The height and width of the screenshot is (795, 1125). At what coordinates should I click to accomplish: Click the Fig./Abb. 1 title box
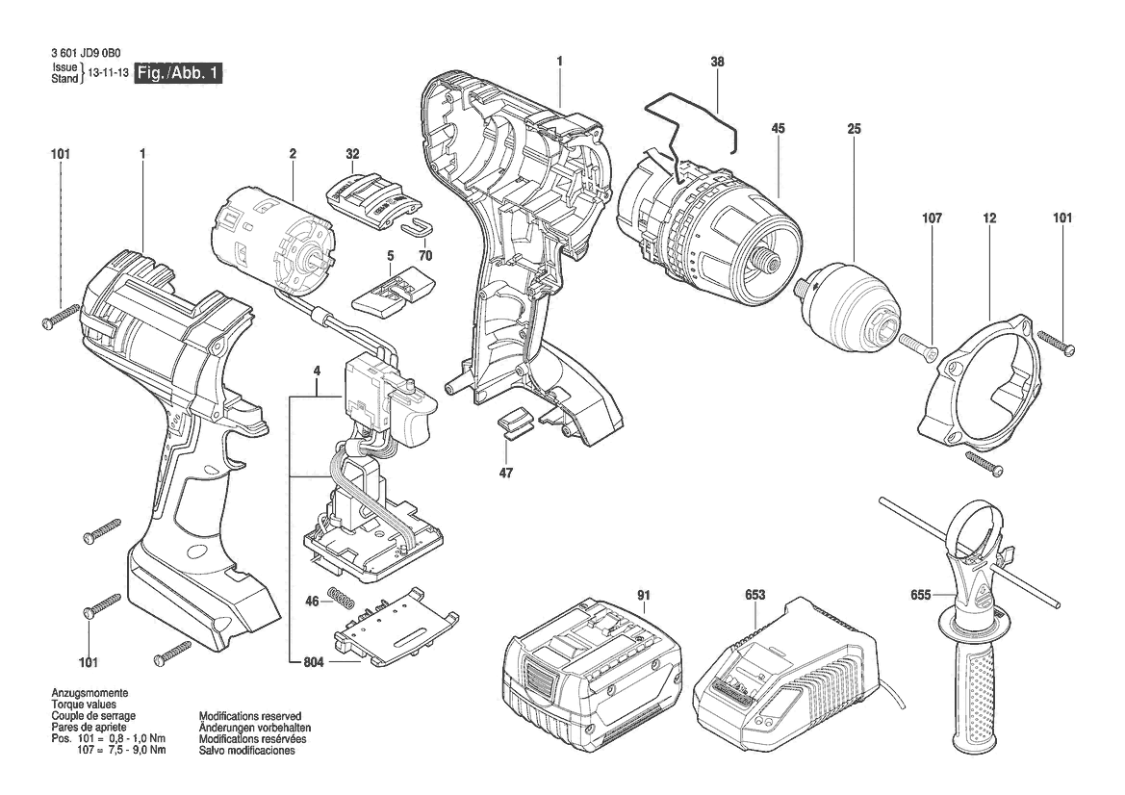coord(178,73)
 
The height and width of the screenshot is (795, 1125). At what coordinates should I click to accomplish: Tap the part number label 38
coord(718,63)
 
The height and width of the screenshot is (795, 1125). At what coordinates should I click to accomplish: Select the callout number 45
coord(779,129)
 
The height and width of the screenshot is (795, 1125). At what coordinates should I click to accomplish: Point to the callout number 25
coord(854,129)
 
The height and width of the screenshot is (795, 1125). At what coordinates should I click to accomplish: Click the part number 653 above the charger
coord(754,595)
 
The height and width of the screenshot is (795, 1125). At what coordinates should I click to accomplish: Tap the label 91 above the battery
coord(644,595)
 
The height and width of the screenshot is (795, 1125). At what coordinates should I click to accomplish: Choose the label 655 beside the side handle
coord(921,595)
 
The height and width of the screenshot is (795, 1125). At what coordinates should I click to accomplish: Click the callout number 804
coord(314,662)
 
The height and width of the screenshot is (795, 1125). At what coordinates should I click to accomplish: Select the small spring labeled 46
coord(342,596)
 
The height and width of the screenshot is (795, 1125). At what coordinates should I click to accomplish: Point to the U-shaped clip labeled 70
coord(414,227)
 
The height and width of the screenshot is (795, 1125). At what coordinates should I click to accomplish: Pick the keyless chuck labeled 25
coord(848,300)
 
